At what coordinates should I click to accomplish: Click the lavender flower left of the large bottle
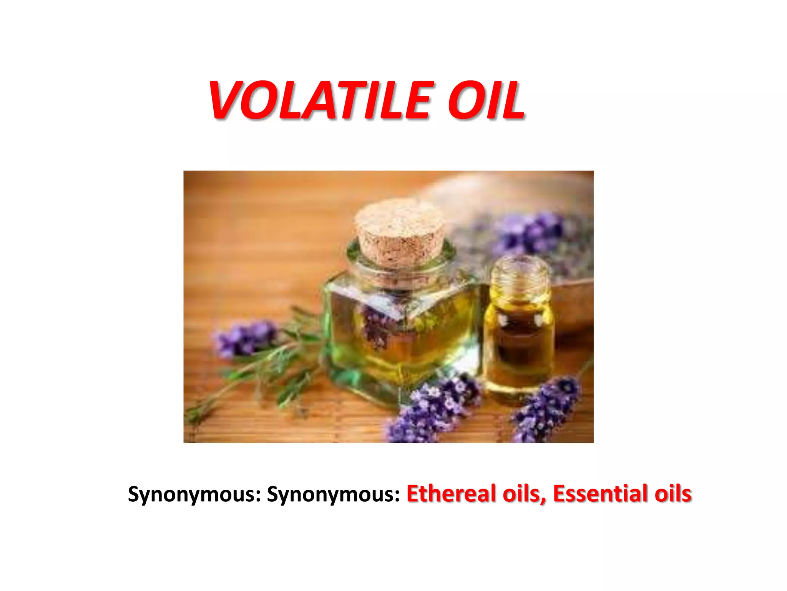tap(246, 339)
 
